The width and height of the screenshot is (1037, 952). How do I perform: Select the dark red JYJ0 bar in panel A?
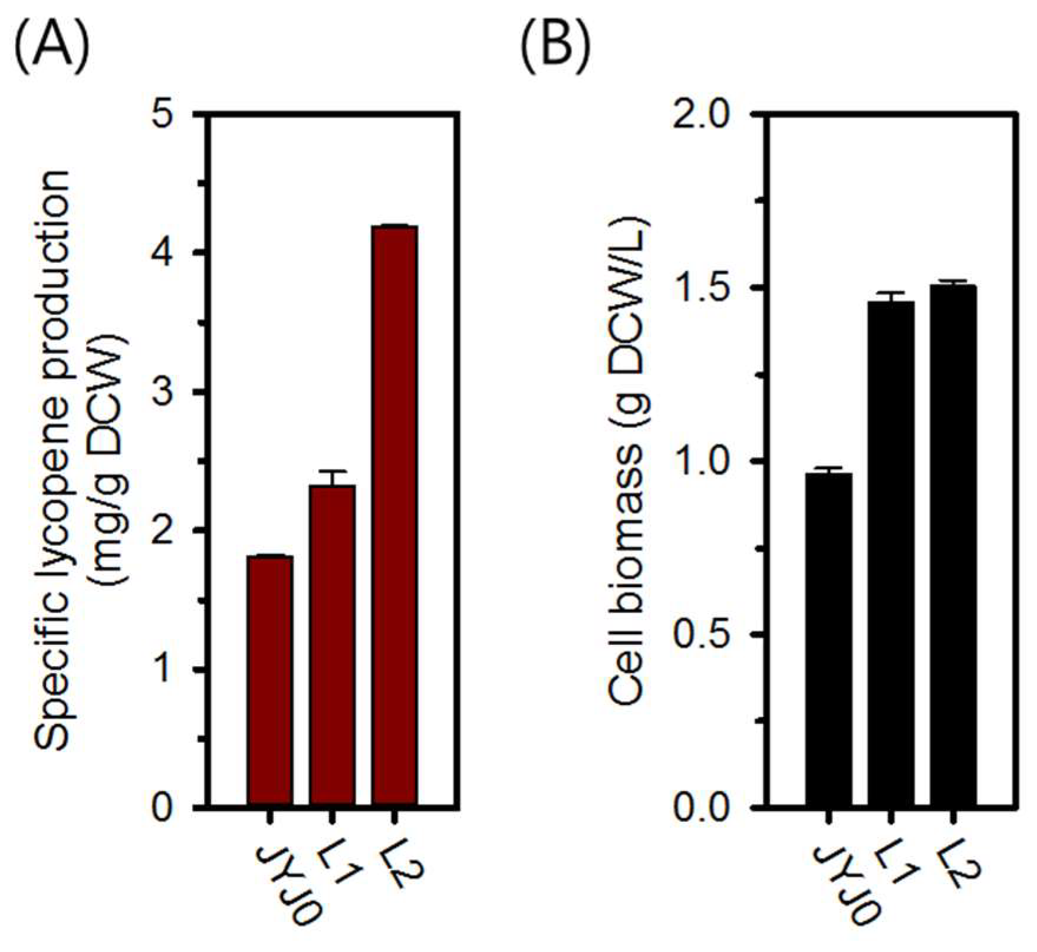(270, 681)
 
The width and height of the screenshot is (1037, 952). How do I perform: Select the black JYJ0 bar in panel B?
(829, 640)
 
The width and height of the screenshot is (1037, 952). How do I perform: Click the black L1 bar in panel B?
(891, 554)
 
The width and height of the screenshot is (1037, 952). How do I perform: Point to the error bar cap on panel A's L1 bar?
(333, 471)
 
